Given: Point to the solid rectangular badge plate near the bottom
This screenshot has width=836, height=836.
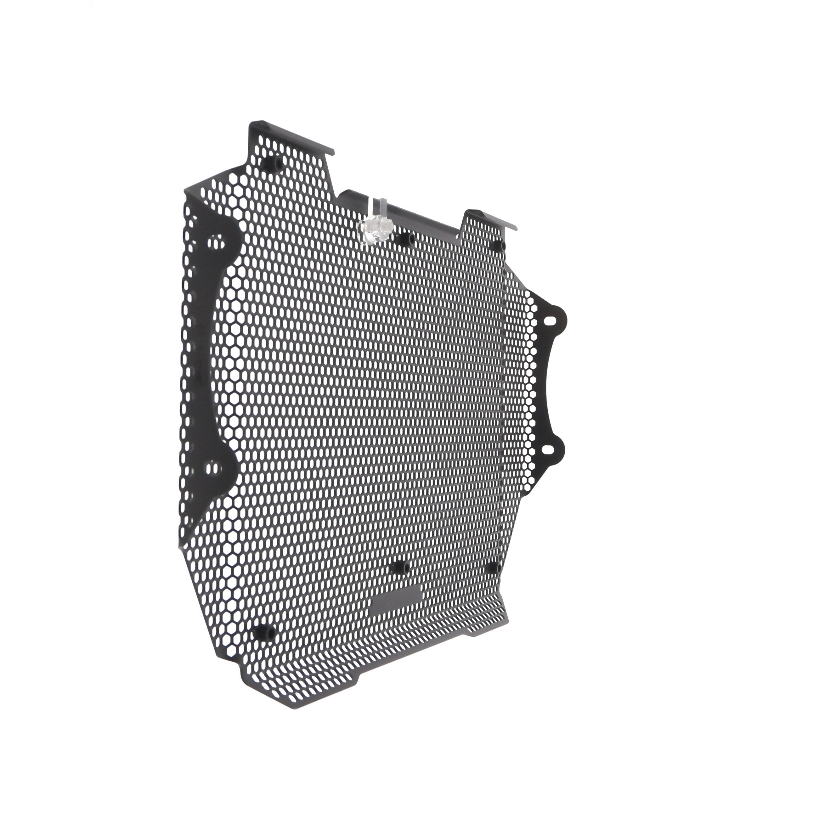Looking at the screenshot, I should [x=396, y=599].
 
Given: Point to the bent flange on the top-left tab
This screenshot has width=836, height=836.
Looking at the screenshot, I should [x=294, y=137].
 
